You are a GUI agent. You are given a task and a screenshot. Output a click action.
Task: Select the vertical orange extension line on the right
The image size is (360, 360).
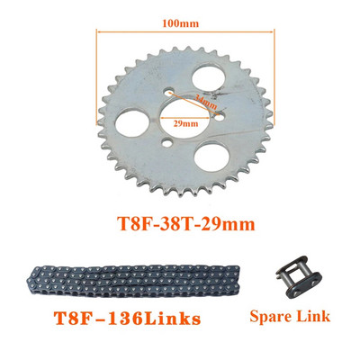[x=272, y=81]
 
